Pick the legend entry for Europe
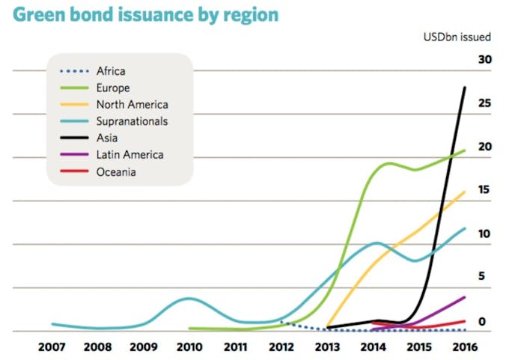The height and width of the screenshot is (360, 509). pos(113,88)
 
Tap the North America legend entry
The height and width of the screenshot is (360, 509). pos(132,105)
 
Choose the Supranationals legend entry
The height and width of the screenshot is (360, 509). pos(132,121)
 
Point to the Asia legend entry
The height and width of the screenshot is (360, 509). pos(107,138)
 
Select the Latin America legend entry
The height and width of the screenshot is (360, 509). pos(129,155)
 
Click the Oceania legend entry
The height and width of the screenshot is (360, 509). pos(116,171)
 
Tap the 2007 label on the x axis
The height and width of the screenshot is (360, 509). pos(52,348)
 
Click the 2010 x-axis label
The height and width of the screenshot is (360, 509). pos(189,348)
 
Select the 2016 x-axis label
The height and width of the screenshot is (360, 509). pos(465,348)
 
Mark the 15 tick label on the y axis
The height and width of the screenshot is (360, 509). pos(484,190)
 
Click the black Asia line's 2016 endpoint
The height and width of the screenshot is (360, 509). pos(465,88)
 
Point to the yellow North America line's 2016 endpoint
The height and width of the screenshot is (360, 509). pos(465,192)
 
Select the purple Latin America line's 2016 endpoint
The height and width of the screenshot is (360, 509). pos(465,297)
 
